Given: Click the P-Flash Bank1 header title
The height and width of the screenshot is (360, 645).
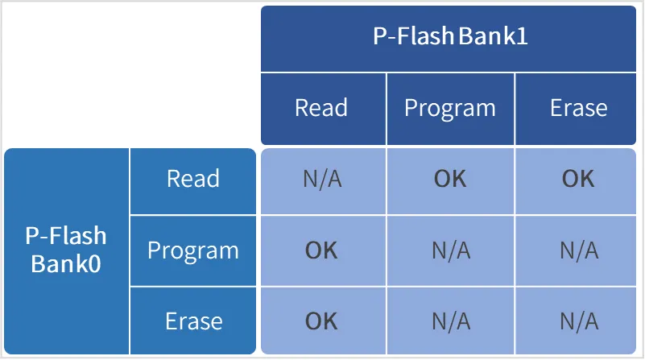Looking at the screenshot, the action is (x=450, y=35).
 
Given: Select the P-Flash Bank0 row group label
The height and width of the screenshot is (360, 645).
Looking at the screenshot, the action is (x=66, y=250).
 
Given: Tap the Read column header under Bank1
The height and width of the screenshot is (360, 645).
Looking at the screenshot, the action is (x=321, y=108).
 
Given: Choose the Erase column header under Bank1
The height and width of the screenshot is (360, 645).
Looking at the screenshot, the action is (x=579, y=108).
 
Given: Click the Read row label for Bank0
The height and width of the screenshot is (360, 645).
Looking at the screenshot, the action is (x=193, y=179).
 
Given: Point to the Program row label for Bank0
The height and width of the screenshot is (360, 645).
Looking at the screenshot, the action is (x=193, y=251).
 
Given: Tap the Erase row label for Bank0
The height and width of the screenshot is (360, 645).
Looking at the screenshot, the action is (x=194, y=321).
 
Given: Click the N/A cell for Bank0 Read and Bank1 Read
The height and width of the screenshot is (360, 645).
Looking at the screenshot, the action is (x=322, y=179).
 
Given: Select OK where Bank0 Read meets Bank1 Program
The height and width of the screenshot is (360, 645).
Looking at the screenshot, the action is (x=450, y=179).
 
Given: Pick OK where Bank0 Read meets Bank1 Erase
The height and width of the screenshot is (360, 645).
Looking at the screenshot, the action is (x=578, y=179).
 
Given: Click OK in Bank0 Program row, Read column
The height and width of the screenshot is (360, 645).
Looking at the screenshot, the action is (x=321, y=250).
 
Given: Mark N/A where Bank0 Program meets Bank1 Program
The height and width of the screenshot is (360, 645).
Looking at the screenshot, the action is (x=451, y=250).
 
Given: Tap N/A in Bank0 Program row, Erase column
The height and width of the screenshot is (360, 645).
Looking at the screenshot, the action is (x=579, y=250).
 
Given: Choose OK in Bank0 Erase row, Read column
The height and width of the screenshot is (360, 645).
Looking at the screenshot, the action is (x=321, y=321).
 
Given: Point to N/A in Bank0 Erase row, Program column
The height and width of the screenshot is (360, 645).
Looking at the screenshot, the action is (x=451, y=321).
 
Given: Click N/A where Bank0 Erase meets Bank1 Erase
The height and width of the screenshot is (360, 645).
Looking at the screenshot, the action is (x=579, y=321).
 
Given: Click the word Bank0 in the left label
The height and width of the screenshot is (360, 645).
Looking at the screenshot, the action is (x=66, y=263).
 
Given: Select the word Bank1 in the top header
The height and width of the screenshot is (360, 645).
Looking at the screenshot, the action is (x=493, y=35).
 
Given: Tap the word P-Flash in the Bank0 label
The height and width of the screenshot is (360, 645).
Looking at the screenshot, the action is (x=66, y=235).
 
